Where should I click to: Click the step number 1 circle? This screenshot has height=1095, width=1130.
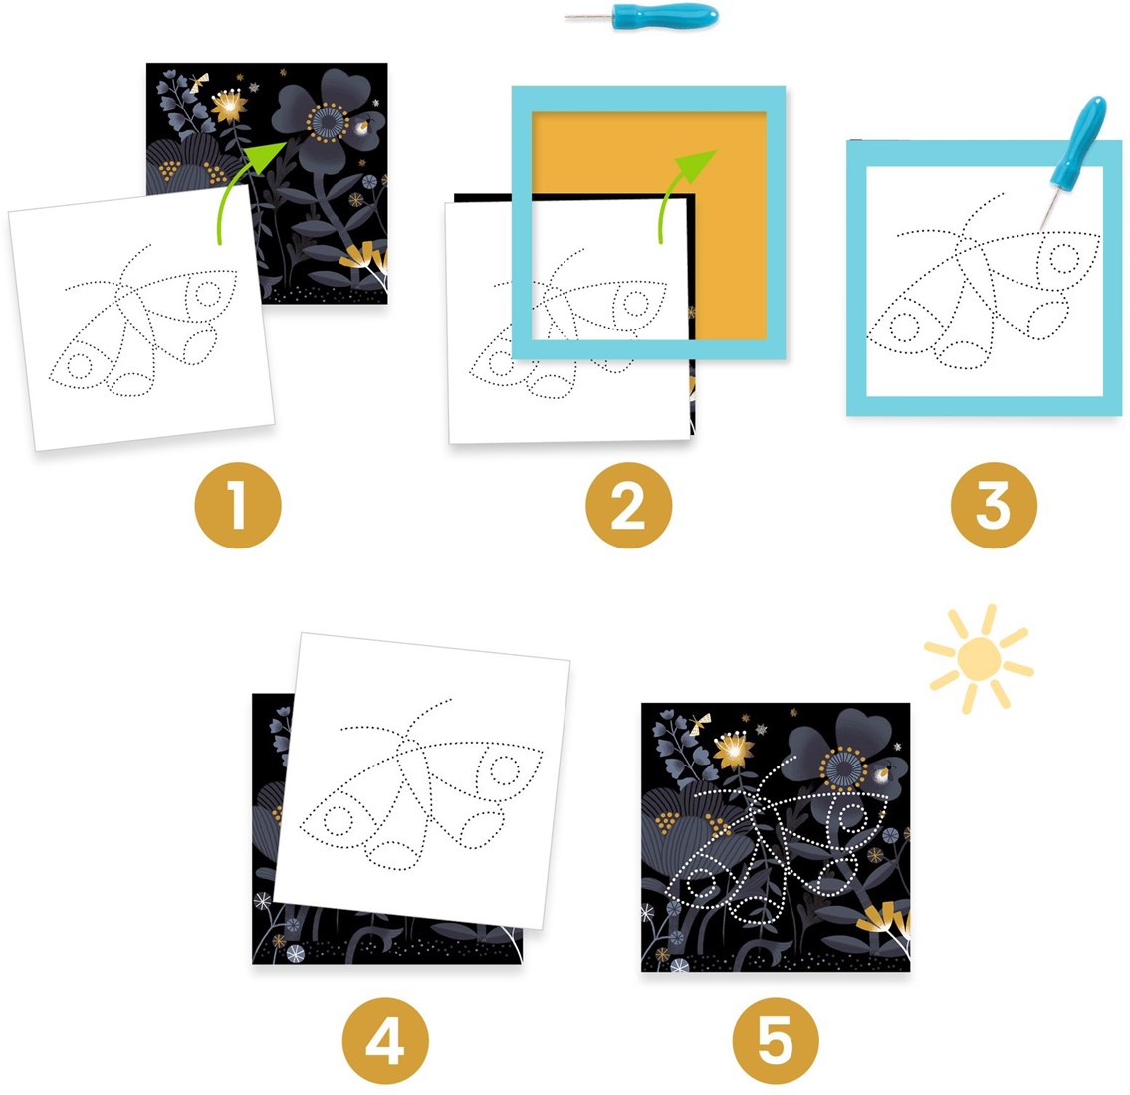coord(238,505)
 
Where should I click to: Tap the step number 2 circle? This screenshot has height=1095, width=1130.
coord(628,505)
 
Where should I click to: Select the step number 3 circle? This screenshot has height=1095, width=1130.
coord(994,505)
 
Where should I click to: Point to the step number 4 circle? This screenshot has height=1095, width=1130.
coord(385,1041)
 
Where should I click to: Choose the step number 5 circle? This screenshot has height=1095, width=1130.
coord(776,1041)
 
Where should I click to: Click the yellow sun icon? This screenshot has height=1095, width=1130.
coord(980,658)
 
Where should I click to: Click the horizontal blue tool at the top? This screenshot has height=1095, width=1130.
coord(641,16)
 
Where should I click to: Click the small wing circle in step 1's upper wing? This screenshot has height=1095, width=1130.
coord(208,294)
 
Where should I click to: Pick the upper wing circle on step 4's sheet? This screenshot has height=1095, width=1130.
coord(505,770)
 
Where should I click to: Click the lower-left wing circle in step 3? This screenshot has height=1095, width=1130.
coord(904,328)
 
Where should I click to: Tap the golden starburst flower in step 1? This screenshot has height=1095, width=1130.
coord(229,106)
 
